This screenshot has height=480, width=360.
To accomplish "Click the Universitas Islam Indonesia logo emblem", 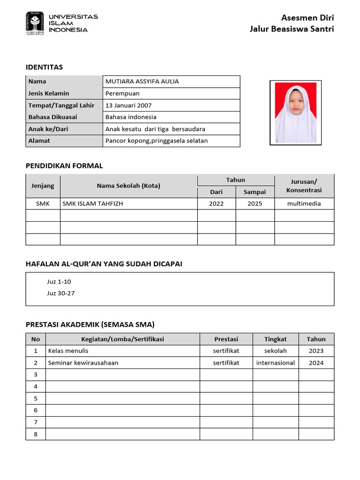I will pyautogui.click(x=35, y=23).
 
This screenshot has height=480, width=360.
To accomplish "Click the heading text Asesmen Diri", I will pyautogui.click(x=307, y=18).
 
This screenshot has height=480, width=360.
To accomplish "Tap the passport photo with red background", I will pyautogui.click(x=295, y=112).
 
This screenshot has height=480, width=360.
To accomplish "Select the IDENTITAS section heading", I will pyautogui.click(x=44, y=67).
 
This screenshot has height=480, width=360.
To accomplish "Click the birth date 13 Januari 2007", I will pyautogui.click(x=128, y=105).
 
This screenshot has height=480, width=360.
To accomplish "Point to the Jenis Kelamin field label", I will pyautogui.click(x=49, y=93).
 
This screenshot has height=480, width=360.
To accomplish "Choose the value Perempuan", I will pyautogui.click(x=122, y=93).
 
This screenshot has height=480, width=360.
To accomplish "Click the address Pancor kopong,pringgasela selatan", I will pyautogui.click(x=157, y=141).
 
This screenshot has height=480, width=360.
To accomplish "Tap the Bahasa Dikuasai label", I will pyautogui.click(x=52, y=117).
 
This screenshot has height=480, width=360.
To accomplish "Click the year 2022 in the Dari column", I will pyautogui.click(x=216, y=204).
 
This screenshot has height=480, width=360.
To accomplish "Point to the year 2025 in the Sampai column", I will pyautogui.click(x=255, y=204).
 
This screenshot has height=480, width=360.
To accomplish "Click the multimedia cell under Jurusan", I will pyautogui.click(x=304, y=204).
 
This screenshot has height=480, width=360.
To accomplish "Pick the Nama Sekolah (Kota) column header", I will pyautogui.click(x=128, y=186).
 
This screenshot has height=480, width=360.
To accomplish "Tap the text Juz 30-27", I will pyautogui.click(x=60, y=293).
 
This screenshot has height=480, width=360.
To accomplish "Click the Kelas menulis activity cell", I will pyautogui.click(x=68, y=351).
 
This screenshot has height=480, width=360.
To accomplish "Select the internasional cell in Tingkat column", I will pyautogui.click(x=275, y=363).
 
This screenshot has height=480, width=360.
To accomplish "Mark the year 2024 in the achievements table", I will pyautogui.click(x=316, y=363).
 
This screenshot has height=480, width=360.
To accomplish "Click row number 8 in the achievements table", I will pyautogui.click(x=35, y=434).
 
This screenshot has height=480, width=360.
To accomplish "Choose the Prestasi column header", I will pyautogui.click(x=226, y=339).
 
